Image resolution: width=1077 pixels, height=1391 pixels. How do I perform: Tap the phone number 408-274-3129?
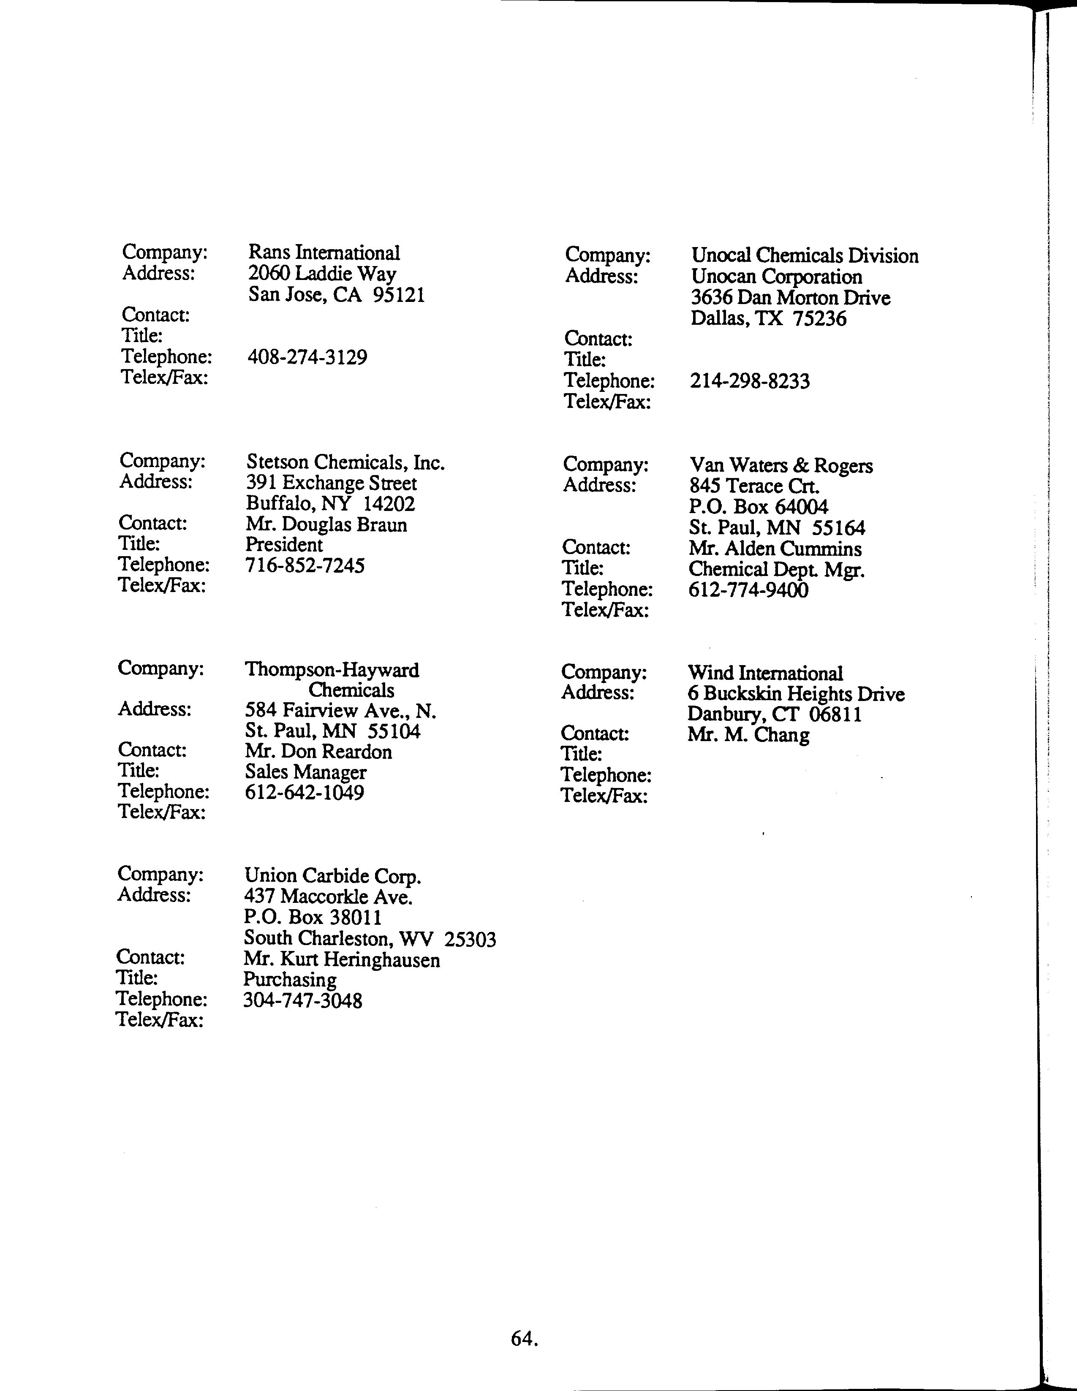307,357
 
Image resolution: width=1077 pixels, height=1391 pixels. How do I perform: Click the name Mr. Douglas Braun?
326,525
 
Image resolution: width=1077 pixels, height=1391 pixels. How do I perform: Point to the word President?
284,545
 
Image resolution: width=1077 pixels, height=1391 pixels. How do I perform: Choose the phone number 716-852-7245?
305,565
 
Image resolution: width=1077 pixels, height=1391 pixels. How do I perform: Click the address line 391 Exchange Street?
331,484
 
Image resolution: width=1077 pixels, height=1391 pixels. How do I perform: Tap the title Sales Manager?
306,772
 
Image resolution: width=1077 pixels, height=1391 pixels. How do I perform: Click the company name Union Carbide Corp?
332,877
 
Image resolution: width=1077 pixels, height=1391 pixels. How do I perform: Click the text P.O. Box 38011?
313,918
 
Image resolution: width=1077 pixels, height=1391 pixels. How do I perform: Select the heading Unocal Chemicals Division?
805,256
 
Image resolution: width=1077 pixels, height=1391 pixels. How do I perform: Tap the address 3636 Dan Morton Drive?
790,298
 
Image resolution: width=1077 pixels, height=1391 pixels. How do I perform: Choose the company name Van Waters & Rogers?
781,466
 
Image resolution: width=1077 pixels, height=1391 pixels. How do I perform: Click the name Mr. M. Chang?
748,736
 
